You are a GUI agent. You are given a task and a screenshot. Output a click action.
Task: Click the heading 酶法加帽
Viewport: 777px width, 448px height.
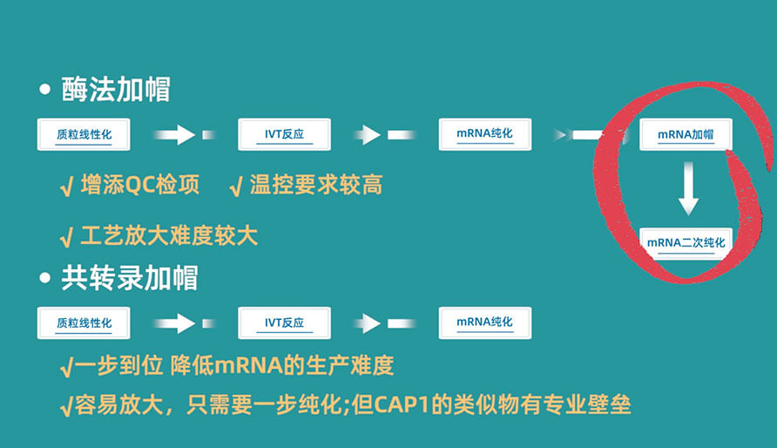click(x=116, y=90)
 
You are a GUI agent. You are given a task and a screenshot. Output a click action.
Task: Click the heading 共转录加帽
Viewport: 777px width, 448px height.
click(x=130, y=277)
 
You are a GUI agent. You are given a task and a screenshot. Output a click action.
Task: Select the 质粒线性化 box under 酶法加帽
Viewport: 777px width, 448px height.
click(x=84, y=135)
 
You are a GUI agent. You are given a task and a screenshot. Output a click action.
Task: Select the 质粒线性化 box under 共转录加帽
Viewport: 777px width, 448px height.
click(x=84, y=323)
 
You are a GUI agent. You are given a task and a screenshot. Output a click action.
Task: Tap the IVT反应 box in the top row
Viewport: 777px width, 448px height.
click(x=284, y=135)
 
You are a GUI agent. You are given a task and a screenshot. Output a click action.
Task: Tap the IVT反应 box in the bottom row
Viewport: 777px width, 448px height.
click(x=284, y=323)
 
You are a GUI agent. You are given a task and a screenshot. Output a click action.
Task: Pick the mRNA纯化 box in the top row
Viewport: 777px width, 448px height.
click(x=484, y=135)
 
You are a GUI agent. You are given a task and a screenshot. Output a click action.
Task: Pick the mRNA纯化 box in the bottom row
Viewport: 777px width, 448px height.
click(x=484, y=323)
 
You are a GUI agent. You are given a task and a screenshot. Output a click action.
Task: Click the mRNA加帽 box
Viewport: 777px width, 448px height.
click(x=686, y=135)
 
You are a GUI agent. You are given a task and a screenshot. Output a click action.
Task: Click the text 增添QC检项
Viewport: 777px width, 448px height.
click(x=139, y=185)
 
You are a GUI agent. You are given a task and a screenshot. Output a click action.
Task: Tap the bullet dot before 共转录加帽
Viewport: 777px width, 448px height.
click(x=45, y=279)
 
